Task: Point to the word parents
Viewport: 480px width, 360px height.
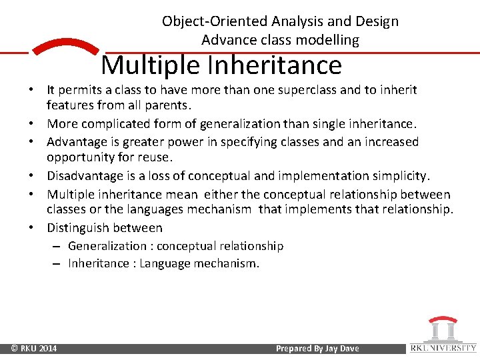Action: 169,105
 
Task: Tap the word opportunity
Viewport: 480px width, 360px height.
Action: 79,158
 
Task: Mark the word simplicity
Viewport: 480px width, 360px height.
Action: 399,176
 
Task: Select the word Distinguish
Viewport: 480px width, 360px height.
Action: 77,228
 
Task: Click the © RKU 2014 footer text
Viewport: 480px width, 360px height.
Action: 34,348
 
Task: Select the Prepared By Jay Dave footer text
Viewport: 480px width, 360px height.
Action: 317,348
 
